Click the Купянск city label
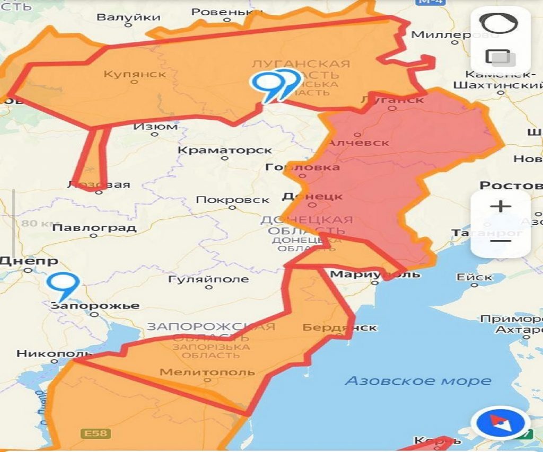coord(135,74)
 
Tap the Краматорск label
coord(224,150)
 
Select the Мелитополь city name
coord(207,372)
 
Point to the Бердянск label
coord(339,327)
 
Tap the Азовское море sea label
coord(418,380)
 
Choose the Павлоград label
coord(94,228)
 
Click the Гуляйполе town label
coord(208,279)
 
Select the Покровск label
coord(232,200)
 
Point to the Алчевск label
coord(358,143)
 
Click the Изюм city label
coord(155,127)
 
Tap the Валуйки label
coord(128,17)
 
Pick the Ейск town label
coord(474,277)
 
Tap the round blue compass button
coord(501,424)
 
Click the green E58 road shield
coord(95,433)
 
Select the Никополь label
coord(47,353)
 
